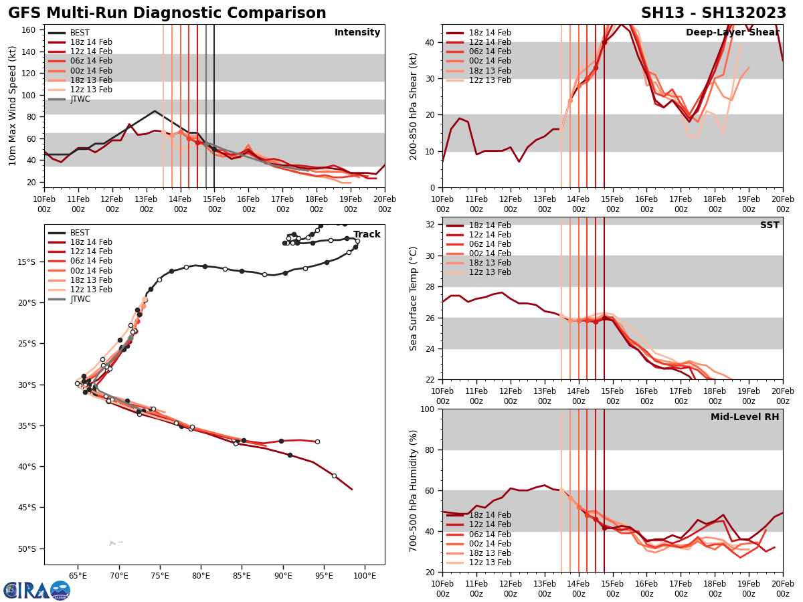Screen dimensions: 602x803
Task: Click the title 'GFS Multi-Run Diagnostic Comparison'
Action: (167, 13)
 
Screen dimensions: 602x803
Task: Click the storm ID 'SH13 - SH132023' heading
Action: (713, 13)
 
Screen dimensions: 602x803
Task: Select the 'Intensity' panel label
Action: (357, 33)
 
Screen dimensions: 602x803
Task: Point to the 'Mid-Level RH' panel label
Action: (745, 417)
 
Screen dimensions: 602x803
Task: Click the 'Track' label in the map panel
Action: (367, 235)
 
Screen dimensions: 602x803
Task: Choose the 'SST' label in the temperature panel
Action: (770, 225)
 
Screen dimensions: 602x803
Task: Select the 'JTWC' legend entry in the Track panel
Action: (80, 299)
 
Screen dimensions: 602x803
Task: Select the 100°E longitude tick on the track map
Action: (365, 575)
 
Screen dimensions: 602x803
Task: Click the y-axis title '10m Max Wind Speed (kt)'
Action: (12, 106)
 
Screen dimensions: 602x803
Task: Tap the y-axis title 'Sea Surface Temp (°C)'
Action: (414, 298)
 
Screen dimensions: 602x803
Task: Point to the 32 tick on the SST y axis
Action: (431, 225)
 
